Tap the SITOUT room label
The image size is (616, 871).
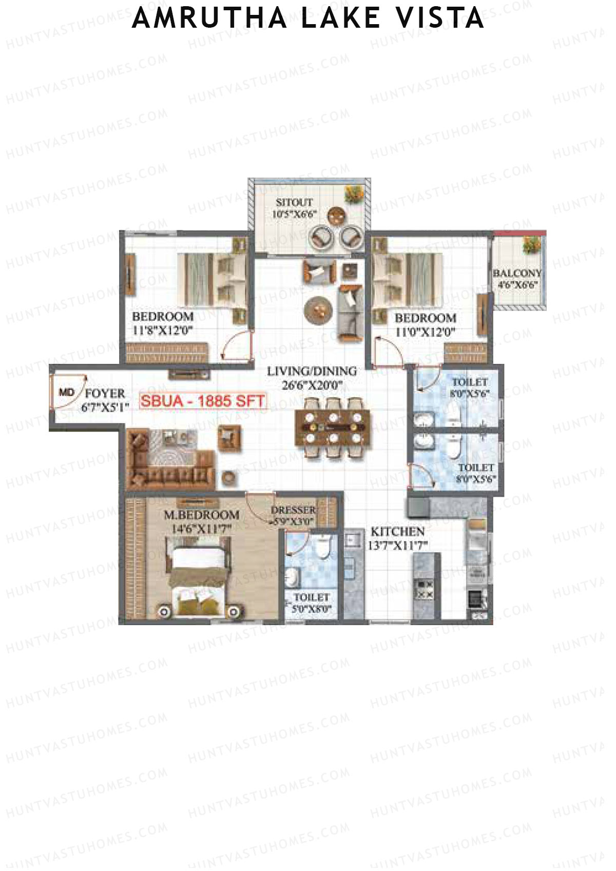coord(294,202)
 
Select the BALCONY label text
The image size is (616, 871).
coord(517,273)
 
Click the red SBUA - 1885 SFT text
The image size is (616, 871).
coord(203,401)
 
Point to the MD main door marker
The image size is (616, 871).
coord(66,393)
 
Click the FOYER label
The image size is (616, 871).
coord(105,394)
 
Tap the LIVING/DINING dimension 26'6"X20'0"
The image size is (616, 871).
coord(312,385)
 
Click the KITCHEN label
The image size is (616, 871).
coord(397,532)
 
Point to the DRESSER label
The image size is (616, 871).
coord(293,510)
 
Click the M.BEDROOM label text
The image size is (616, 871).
coord(201,515)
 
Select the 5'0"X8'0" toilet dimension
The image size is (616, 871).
coord(312,609)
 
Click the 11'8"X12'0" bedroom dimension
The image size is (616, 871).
coord(162,331)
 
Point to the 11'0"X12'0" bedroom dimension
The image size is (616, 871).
coord(425,332)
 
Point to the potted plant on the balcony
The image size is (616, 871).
coord(532,245)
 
